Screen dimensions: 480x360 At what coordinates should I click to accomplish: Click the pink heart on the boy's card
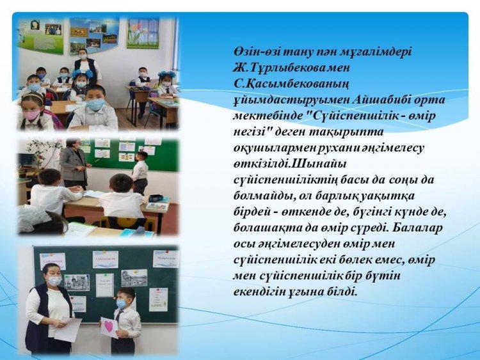tap(109, 327)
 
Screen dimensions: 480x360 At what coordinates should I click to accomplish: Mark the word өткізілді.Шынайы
tap(290, 164)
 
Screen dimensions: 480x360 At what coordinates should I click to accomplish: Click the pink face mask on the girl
tap(31, 115)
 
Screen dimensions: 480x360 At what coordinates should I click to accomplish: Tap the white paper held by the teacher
tap(68, 329)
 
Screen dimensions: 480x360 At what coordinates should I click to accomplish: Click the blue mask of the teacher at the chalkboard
tap(54, 280)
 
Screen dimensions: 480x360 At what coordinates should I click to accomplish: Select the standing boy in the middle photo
tap(140, 172)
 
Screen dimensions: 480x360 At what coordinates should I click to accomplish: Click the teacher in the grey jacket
tap(73, 164)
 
